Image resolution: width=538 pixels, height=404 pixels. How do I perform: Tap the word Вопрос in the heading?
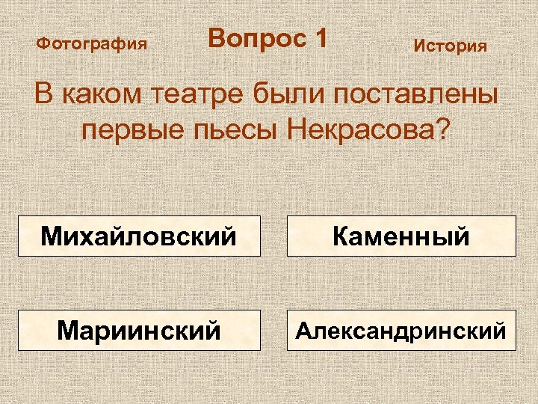250,38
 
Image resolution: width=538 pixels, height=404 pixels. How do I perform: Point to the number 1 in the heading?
320,38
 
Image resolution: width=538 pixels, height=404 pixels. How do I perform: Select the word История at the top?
450,46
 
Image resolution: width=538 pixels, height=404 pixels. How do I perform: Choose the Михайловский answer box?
139,236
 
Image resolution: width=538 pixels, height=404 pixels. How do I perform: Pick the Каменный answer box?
401,236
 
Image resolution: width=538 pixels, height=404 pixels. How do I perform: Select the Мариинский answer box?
139,330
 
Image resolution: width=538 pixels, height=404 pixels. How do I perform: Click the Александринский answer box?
401,330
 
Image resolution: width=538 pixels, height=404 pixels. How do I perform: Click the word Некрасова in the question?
356,131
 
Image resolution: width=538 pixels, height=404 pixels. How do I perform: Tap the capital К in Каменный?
341,236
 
